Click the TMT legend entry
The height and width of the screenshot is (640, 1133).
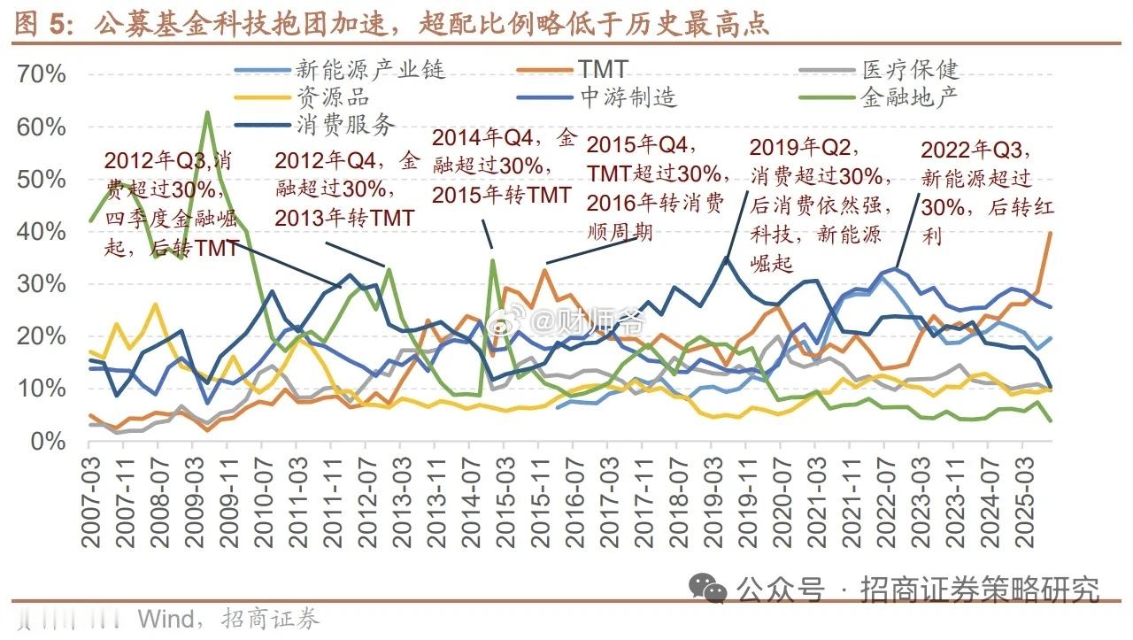click(x=603, y=69)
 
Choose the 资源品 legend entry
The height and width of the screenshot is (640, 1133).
click(x=333, y=96)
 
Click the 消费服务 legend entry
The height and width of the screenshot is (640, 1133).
click(x=346, y=124)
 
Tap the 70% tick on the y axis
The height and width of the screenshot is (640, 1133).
click(x=42, y=74)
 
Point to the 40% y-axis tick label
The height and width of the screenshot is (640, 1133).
click(x=42, y=232)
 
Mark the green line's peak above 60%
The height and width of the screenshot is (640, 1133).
click(x=207, y=112)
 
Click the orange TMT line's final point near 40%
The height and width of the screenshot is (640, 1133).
click(x=1050, y=232)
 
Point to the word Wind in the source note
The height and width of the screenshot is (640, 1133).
click(x=166, y=617)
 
